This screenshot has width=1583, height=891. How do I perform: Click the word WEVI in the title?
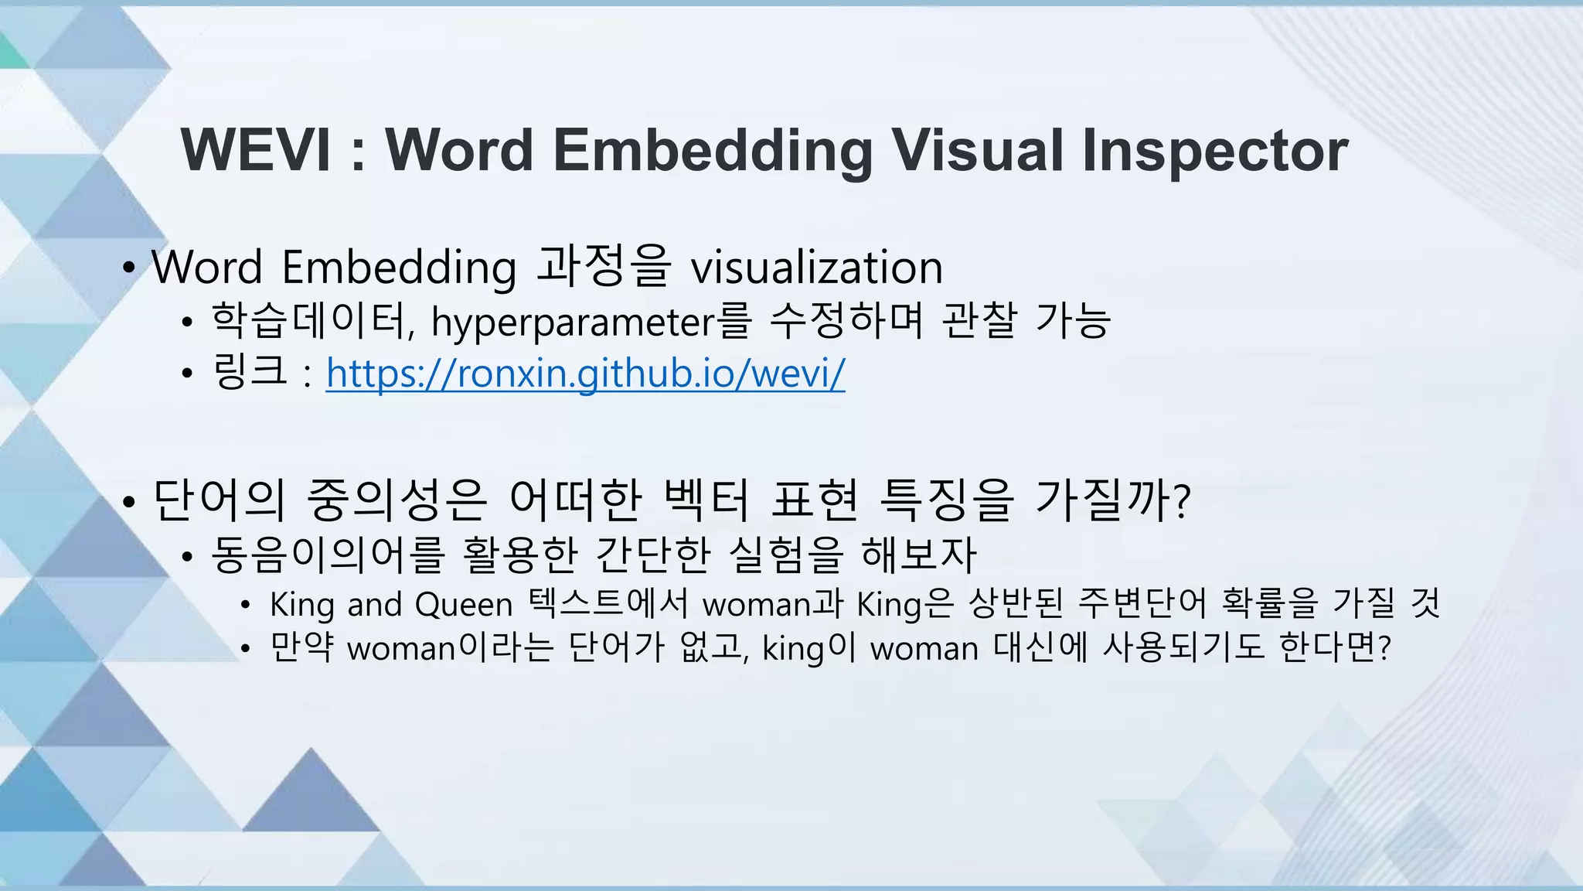pos(256,150)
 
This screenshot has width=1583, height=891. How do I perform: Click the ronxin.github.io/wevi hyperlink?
pos(585,374)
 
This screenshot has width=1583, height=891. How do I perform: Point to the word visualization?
pos(816,268)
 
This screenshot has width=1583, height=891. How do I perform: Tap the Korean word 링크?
pos(249,371)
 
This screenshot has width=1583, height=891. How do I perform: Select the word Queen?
pos(464,604)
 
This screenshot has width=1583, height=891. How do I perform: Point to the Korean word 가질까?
pos(1112,500)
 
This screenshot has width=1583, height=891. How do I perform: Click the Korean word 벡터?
pos(706,500)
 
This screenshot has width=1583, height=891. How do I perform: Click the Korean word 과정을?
pos(604,266)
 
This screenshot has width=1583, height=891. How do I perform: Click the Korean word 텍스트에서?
pos(608,603)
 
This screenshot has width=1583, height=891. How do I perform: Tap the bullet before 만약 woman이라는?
pos(245,649)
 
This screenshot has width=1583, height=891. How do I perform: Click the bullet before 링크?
pos(186,374)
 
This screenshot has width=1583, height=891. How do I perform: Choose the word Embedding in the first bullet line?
pos(398,268)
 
